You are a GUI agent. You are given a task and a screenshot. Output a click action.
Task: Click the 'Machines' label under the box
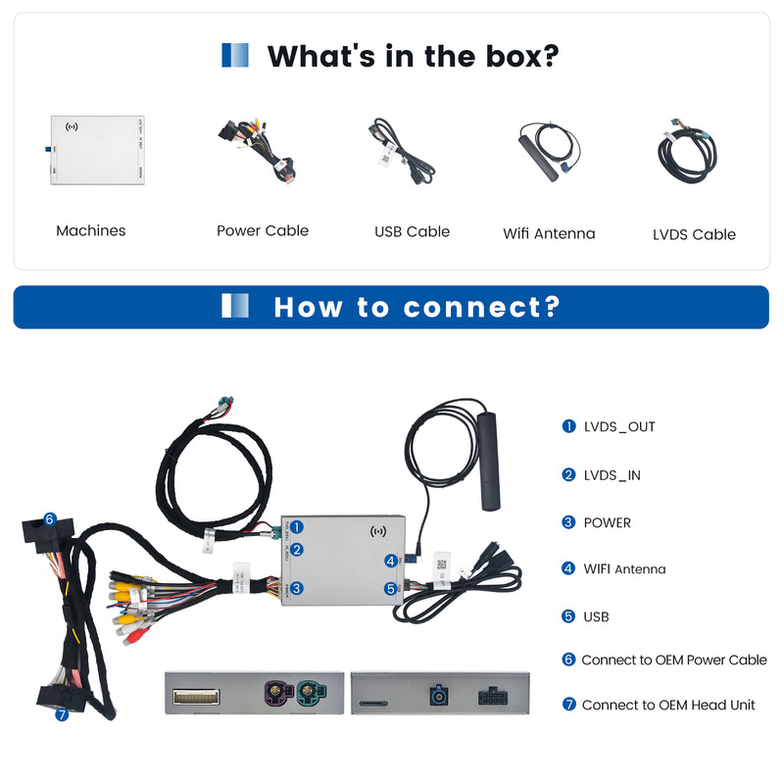(x=91, y=231)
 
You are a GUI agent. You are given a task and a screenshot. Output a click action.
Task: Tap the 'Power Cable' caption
(x=263, y=231)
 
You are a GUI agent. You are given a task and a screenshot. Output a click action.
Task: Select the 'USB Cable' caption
(x=412, y=232)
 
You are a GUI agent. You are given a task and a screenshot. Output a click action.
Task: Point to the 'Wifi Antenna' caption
(x=549, y=234)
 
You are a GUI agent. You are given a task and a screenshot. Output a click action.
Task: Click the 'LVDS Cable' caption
(x=694, y=235)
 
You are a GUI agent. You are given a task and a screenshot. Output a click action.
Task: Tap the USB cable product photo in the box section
(x=403, y=152)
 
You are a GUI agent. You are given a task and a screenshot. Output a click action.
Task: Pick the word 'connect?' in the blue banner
(x=481, y=308)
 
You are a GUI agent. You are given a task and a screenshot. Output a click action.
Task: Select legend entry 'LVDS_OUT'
(x=619, y=427)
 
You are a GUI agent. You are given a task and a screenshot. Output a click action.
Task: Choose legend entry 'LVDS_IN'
(x=612, y=475)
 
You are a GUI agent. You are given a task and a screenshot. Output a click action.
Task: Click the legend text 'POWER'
(x=608, y=523)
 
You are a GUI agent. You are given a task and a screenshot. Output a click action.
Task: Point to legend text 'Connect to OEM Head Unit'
(x=668, y=706)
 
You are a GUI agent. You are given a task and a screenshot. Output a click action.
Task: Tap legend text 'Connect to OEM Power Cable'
(x=674, y=661)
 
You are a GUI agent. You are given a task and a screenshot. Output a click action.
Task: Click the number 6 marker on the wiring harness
(x=49, y=519)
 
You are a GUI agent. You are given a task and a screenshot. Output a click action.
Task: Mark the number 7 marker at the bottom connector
(x=62, y=714)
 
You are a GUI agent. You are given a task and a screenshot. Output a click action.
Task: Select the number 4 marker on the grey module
(x=390, y=562)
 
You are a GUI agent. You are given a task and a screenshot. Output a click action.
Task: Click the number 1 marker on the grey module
(x=296, y=527)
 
